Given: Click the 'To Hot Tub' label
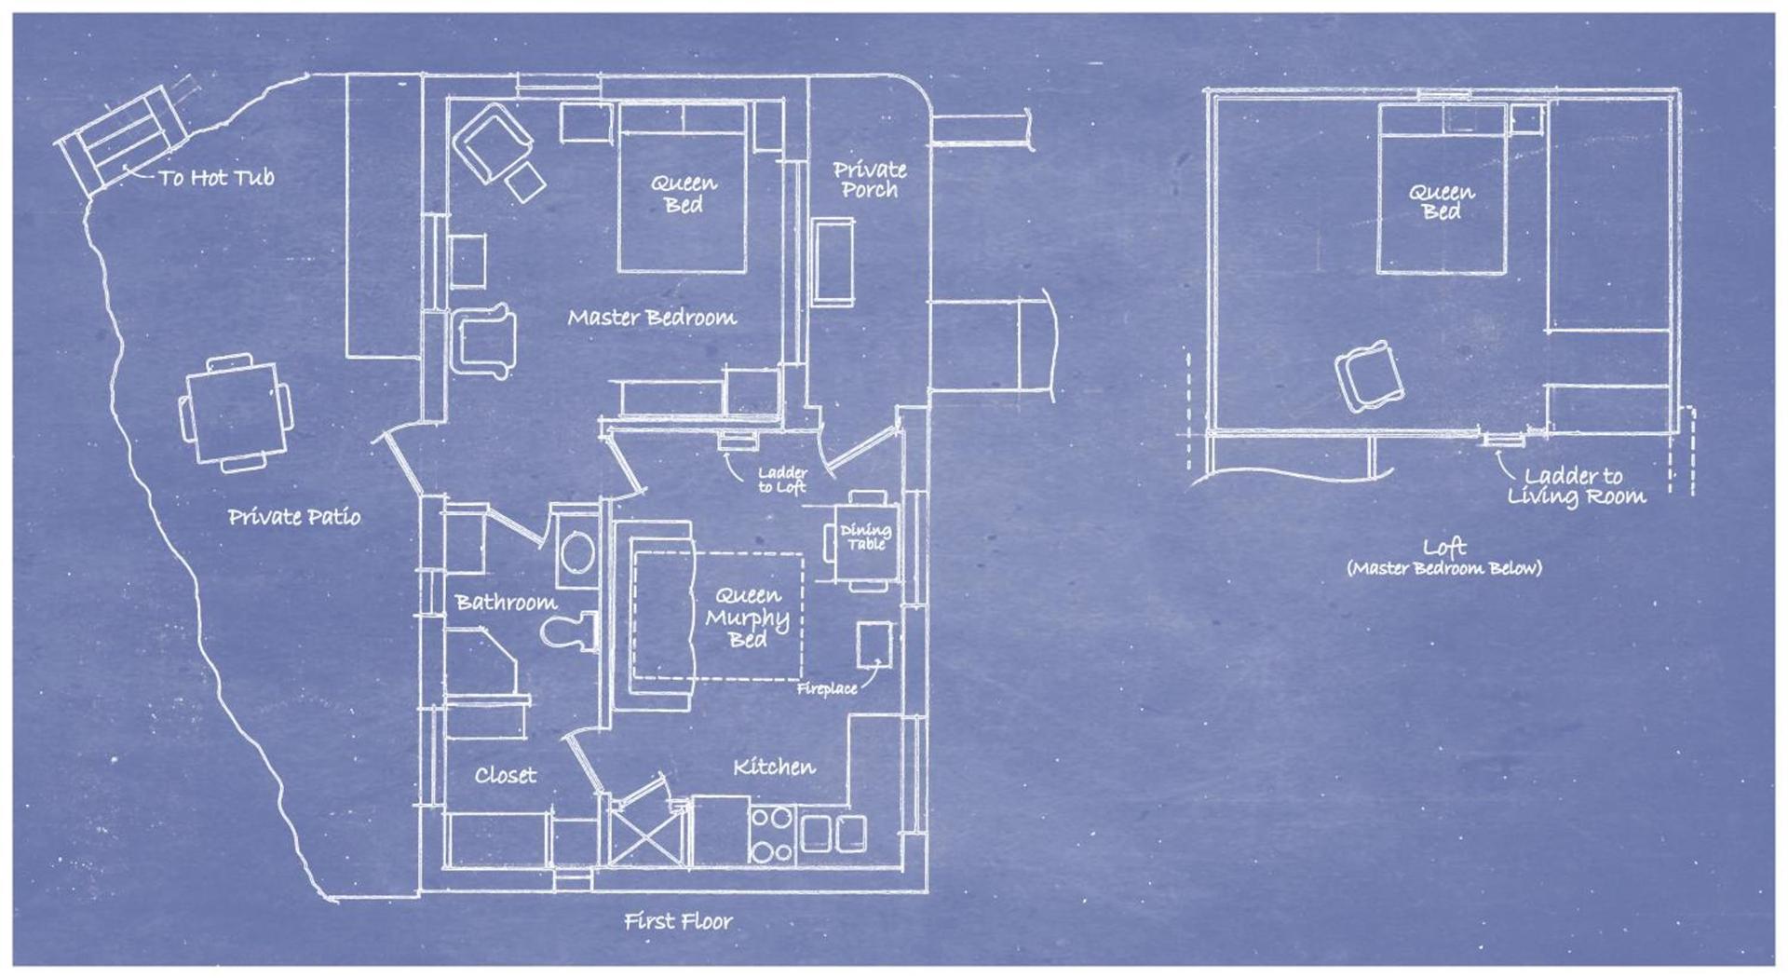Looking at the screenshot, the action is pos(216,177).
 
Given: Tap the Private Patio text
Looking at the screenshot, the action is pos(294,517).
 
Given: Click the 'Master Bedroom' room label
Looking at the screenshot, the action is pos(652,318).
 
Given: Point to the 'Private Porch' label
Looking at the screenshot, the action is pos(870,180).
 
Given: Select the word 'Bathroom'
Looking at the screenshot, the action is pos(507,603).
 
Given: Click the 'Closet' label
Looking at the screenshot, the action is pos(506,775).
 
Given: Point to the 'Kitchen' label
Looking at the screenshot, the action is pos(774,767).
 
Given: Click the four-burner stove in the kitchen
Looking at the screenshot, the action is pos(773,835).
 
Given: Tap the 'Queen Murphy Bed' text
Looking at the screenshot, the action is pos(747,617).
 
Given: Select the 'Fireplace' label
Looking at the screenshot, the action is pos(827,689).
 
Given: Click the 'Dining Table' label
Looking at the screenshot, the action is pos(866,537).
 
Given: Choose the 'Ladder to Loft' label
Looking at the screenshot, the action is pos(782,480).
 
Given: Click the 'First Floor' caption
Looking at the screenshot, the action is pos(678,921).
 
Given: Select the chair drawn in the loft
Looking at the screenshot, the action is pos(1368,376).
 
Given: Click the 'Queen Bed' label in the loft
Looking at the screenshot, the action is pos(1442,202).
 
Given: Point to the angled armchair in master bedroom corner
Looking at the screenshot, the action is pos(493,144).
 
